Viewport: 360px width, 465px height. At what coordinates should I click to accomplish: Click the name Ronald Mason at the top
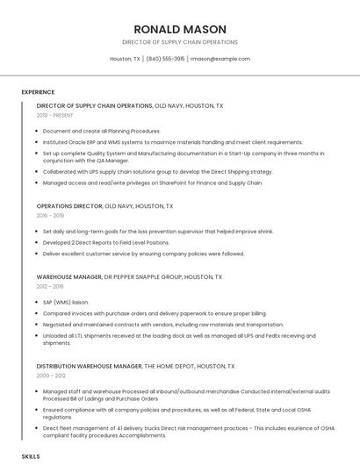179,29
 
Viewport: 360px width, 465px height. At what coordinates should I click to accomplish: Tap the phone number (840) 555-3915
165,59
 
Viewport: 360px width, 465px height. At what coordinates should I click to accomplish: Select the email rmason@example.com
220,59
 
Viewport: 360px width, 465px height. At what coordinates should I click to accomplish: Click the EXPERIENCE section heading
38,92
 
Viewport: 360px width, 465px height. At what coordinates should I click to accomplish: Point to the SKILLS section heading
31,457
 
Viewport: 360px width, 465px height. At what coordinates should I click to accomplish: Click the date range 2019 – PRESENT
54,115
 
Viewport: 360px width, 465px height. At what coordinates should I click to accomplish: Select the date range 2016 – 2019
50,215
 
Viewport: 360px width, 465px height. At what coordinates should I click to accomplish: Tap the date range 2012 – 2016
50,286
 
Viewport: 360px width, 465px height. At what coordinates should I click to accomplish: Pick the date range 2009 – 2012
50,375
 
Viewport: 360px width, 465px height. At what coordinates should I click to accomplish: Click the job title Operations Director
69,206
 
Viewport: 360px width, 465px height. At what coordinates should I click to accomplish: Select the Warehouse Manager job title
69,277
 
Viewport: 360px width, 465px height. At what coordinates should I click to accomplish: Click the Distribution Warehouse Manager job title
89,366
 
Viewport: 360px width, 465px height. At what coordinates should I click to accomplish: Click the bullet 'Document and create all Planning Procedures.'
101,131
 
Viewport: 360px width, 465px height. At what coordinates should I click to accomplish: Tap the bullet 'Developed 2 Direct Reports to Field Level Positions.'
105,242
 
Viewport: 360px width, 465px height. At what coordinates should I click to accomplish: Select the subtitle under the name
179,42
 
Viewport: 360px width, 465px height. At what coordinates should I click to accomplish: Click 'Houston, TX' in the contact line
125,59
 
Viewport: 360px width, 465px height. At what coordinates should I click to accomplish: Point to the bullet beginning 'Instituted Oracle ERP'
172,142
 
